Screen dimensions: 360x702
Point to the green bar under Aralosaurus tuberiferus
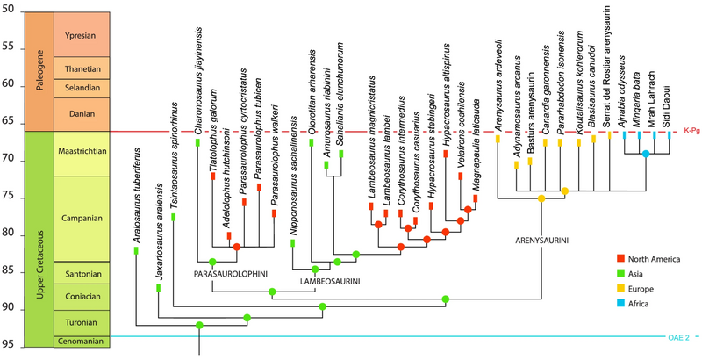click(x=136, y=251)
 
